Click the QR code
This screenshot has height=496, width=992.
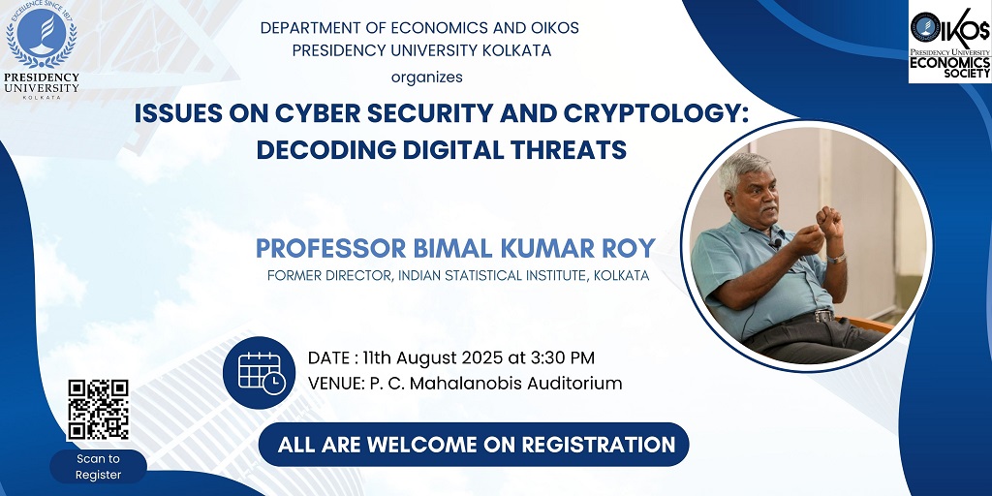(98, 410)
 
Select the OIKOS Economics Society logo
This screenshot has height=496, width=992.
(949, 43)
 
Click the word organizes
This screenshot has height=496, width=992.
(427, 77)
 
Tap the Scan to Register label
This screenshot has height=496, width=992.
(98, 467)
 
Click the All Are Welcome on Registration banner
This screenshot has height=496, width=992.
(474, 444)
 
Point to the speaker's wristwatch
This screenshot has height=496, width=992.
(836, 258)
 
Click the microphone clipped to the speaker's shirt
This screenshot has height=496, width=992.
(776, 241)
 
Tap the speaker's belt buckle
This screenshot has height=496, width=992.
(822, 315)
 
